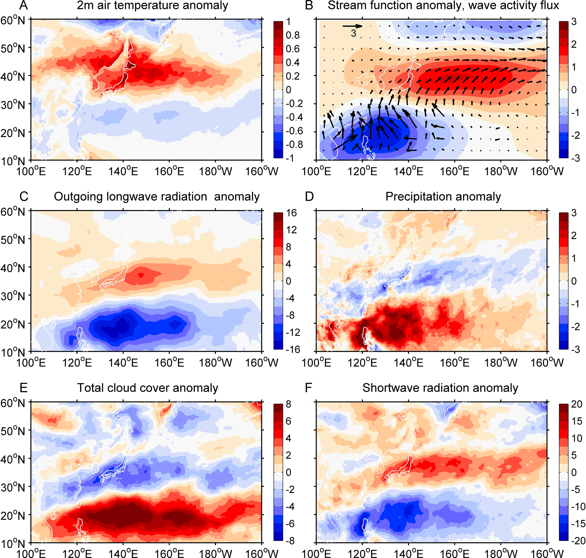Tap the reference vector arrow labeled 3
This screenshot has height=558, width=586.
tap(352, 26)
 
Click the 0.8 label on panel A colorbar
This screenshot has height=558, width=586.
tap(293, 35)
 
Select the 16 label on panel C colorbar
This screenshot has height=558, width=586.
tap(292, 213)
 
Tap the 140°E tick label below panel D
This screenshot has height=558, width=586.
tap(408, 363)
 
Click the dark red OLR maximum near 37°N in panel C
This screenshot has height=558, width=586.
tap(141, 275)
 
